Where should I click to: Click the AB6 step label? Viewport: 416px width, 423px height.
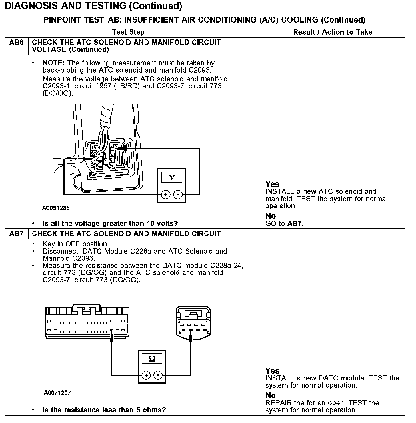click(16, 43)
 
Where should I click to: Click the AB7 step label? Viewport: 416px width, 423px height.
click(16, 234)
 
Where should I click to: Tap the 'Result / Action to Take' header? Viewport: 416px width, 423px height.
click(333, 32)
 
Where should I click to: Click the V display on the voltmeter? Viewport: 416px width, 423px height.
click(171, 177)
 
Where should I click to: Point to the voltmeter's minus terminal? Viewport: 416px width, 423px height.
click(178, 195)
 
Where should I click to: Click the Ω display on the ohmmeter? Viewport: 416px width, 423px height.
click(152, 358)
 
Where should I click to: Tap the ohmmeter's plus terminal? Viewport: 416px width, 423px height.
click(146, 375)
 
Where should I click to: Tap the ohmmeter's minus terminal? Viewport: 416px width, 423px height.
click(158, 375)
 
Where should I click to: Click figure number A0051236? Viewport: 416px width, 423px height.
click(56, 208)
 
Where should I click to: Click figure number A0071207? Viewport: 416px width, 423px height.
click(57, 393)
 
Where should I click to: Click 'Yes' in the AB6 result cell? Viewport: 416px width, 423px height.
click(272, 184)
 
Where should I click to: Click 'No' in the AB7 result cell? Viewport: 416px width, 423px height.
click(270, 395)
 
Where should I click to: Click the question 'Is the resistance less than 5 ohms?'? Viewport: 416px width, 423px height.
click(104, 410)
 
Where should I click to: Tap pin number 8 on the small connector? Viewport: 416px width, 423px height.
click(179, 332)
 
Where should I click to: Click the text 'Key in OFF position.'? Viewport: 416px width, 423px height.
click(75, 244)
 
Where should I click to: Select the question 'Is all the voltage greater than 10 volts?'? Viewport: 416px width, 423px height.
click(110, 223)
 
